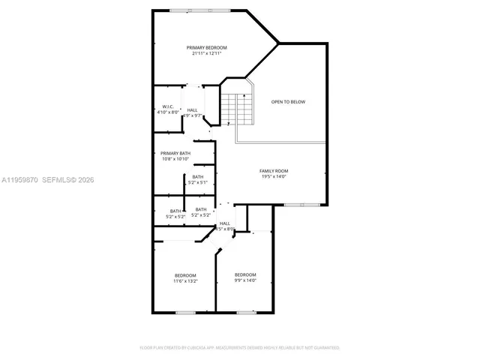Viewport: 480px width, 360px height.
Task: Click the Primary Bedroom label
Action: click(x=206, y=47)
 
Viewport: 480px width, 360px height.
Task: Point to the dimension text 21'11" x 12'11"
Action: click(x=206, y=53)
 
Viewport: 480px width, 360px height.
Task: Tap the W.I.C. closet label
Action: click(x=169, y=106)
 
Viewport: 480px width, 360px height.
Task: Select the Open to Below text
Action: click(x=288, y=101)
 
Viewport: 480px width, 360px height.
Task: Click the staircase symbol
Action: click(x=238, y=109)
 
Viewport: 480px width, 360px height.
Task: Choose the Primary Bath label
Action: click(x=175, y=153)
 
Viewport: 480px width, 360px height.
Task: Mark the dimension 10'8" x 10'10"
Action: click(x=175, y=159)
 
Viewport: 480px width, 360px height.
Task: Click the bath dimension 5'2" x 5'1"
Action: click(x=197, y=182)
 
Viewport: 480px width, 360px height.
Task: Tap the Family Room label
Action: click(x=274, y=171)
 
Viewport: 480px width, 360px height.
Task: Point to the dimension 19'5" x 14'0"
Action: click(x=274, y=177)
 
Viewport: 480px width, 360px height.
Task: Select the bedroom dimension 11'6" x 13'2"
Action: click(x=185, y=281)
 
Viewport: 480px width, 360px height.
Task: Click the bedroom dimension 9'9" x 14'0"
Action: click(x=245, y=280)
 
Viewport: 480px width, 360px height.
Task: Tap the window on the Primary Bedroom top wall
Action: click(x=199, y=10)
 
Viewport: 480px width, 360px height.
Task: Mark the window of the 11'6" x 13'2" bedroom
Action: click(x=185, y=312)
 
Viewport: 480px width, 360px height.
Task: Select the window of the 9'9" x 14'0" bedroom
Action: click(x=244, y=312)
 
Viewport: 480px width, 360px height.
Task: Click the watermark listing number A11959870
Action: click(x=18, y=180)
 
